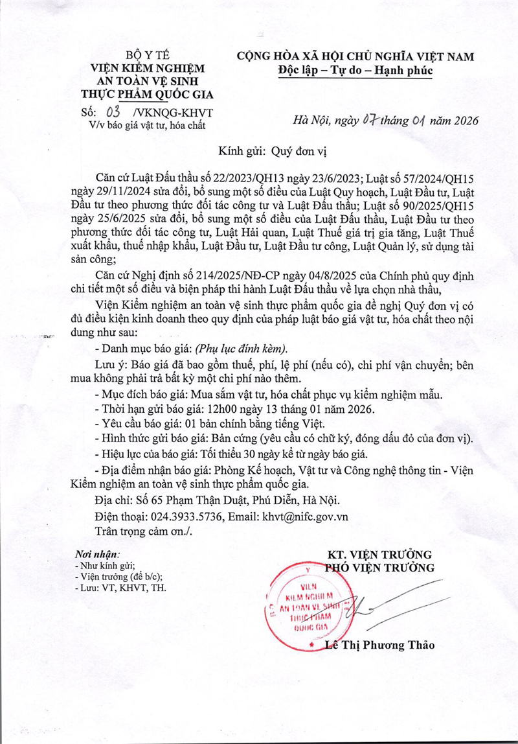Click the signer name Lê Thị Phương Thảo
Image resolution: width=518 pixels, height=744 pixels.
pos(380,645)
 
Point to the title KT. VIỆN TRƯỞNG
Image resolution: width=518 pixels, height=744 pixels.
pos(379,555)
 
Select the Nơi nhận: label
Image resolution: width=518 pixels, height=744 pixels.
pos(97,555)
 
